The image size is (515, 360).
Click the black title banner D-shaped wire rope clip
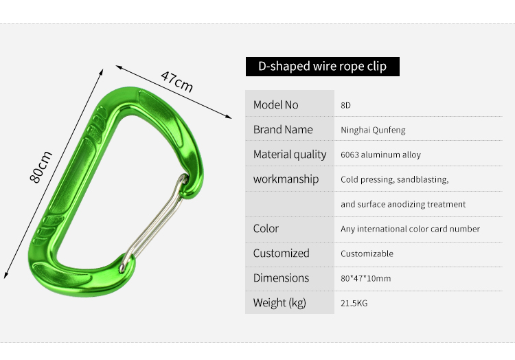tap(323, 67)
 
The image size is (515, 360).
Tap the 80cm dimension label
tap(41, 167)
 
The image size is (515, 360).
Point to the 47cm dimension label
tap(176, 82)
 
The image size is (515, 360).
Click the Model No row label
tap(275, 105)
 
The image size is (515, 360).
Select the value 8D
tap(345, 105)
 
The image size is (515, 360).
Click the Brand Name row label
tap(283, 129)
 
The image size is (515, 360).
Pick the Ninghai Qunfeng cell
tap(373, 130)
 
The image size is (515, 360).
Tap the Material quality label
tap(290, 155)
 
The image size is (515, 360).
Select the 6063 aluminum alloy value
tap(380, 155)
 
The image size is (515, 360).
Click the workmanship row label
tap(286, 179)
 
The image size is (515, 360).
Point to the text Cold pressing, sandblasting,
tap(394, 180)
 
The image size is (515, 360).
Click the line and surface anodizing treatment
tap(403, 204)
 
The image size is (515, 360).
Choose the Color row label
tap(266, 228)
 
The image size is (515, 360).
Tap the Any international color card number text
tap(410, 229)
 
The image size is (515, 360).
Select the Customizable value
tap(367, 254)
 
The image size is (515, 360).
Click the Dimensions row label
tap(281, 278)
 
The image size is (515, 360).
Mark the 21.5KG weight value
tap(354, 303)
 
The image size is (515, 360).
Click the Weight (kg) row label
tap(279, 303)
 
